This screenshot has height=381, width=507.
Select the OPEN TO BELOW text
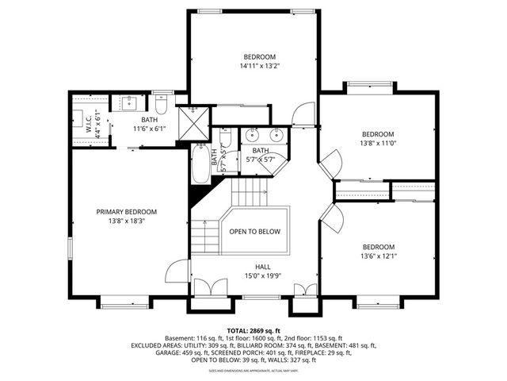coord(255,232)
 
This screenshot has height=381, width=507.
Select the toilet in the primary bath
coord(161,104)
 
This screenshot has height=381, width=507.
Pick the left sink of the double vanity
coord(253,134)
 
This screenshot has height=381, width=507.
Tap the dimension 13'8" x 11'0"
coord(378,144)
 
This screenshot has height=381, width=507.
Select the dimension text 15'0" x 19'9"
coord(262,275)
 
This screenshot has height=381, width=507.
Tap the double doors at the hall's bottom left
coord(203,289)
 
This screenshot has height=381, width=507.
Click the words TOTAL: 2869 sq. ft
coord(253,330)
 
